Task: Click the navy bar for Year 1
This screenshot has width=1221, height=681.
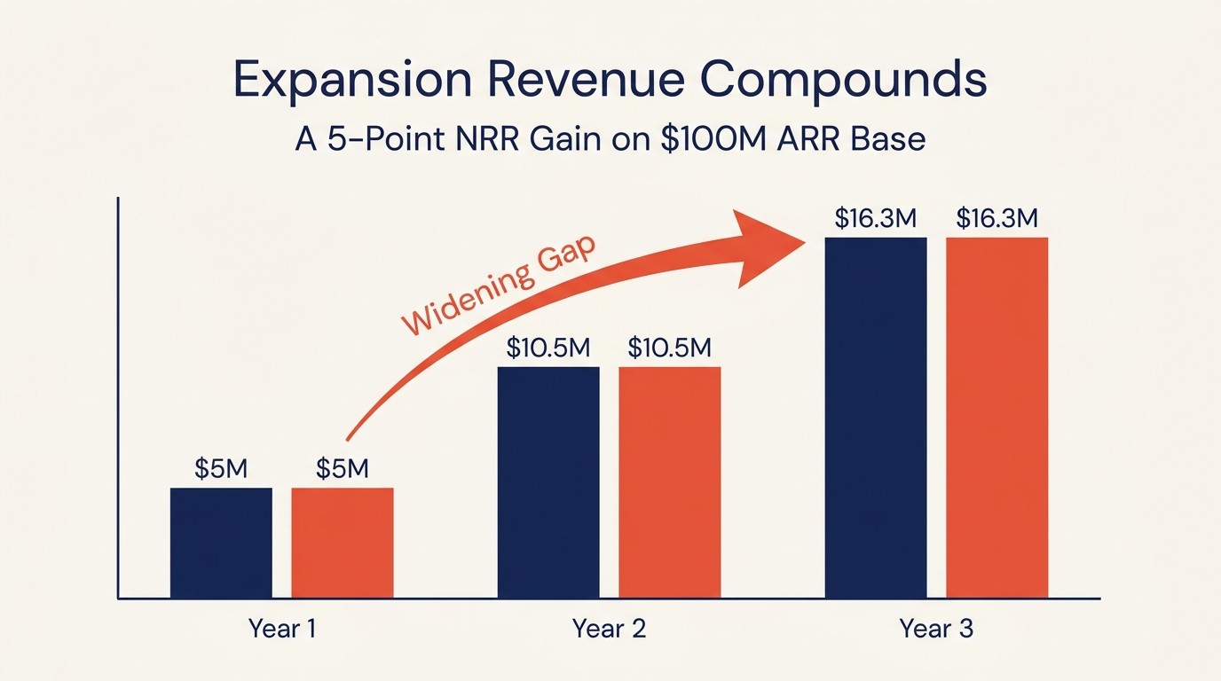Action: (x=221, y=543)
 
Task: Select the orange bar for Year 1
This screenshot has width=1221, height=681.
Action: (x=343, y=543)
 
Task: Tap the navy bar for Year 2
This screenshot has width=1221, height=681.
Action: (x=548, y=482)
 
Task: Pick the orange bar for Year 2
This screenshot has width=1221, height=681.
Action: (x=670, y=482)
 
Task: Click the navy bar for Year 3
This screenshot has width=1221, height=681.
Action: (x=876, y=418)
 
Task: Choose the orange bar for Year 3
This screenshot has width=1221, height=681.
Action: (x=996, y=418)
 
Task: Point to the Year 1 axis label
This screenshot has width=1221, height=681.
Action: (x=282, y=629)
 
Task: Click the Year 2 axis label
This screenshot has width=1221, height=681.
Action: (x=609, y=629)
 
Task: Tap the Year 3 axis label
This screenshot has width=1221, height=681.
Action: (x=936, y=629)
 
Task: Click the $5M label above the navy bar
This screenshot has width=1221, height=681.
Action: (x=221, y=468)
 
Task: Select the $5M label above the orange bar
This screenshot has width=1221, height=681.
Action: (x=343, y=468)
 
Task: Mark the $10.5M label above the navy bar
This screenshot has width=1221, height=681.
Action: (x=548, y=348)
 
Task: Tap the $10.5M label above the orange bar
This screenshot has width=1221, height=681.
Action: (x=670, y=348)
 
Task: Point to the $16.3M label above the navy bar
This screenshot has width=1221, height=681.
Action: (x=876, y=219)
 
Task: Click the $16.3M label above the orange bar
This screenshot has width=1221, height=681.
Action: (x=996, y=219)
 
